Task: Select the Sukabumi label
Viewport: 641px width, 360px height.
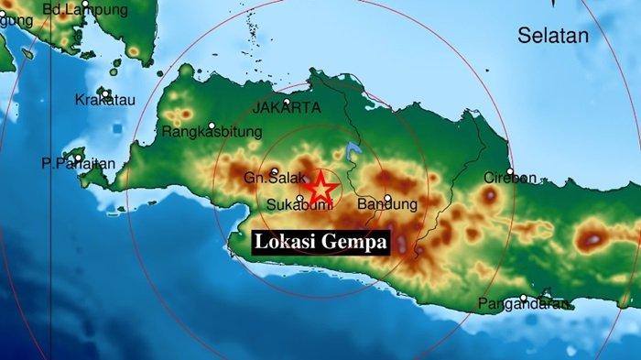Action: click(292, 205)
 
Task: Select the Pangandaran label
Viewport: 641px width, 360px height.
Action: click(525, 304)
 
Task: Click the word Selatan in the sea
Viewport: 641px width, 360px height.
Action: click(554, 36)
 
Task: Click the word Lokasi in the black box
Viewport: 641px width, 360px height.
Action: click(288, 243)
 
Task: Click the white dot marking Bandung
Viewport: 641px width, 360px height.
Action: click(388, 197)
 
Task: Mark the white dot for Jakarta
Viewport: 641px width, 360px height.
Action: click(288, 102)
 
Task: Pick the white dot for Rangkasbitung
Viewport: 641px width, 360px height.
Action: click(212, 125)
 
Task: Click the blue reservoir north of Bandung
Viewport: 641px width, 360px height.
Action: click(353, 149)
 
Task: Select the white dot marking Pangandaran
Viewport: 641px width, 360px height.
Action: click(524, 297)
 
